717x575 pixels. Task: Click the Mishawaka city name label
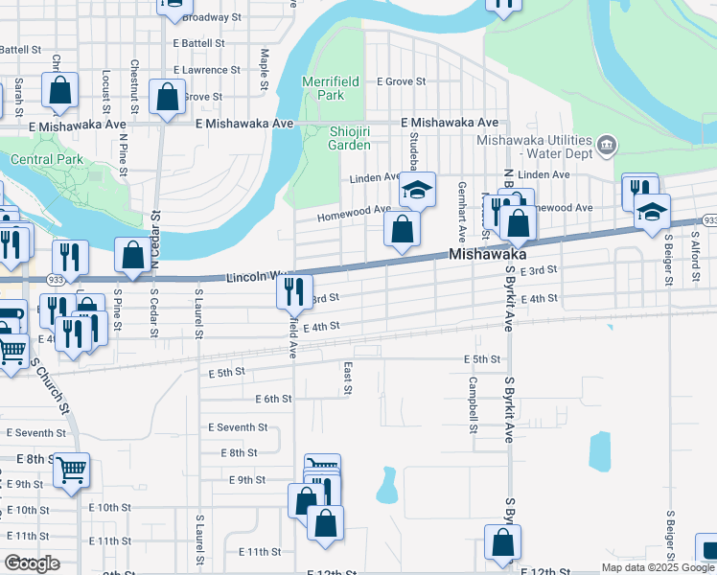pos(489,256)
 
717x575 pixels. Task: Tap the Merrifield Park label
pos(330,89)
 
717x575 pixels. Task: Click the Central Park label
pos(45,159)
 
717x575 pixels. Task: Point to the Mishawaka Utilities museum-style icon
pos(607,146)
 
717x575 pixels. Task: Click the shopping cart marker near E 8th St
pos(71,470)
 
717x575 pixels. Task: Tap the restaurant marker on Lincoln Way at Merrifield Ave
pos(294,289)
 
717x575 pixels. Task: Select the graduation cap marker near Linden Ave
pos(418,190)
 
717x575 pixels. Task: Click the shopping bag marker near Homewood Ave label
pos(403,230)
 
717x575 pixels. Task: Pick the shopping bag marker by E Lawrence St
pos(168,98)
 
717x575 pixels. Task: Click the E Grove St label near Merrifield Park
pos(401,81)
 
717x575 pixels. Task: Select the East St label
pos(348,378)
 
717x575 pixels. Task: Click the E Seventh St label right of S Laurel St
pos(236,427)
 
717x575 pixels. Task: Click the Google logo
pos(33,563)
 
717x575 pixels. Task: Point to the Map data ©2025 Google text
pos(657,567)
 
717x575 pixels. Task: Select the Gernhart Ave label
pos(462,211)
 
